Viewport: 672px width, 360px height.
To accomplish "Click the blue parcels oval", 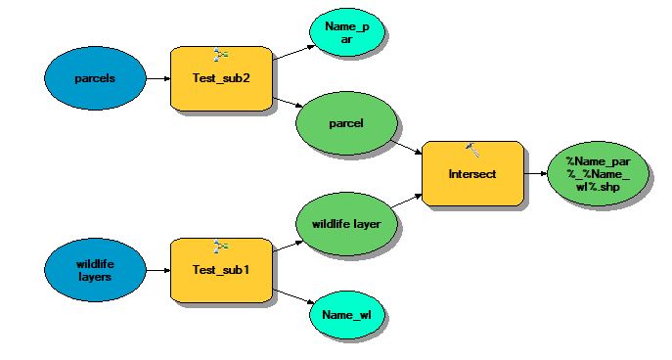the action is [95, 78].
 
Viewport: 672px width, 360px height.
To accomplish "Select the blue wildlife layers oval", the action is [95, 270].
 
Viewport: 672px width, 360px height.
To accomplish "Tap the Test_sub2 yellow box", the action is [221, 78].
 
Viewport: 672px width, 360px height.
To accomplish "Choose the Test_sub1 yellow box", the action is [221, 270].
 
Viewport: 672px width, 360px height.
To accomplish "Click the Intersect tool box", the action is [472, 173].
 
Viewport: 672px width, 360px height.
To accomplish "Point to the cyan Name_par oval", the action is [346, 32].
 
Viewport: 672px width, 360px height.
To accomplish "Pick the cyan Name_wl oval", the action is [346, 315].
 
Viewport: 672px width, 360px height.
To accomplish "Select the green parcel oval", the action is [346, 123].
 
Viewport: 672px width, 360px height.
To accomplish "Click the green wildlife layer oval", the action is [346, 224].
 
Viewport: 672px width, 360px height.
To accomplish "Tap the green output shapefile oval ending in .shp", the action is [599, 173].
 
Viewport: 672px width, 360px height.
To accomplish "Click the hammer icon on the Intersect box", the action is [472, 150].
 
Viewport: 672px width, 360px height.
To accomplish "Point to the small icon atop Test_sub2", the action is [221, 55].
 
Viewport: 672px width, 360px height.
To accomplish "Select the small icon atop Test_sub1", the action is [221, 247].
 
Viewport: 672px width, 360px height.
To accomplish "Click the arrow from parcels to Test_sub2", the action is [158, 78].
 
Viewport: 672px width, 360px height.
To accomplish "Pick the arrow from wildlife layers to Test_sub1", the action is [158, 270].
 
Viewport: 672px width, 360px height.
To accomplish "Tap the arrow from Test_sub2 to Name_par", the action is [294, 52].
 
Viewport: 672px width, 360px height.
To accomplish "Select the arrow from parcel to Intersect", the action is [407, 148].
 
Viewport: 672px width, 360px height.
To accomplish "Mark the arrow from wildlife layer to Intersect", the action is [407, 201].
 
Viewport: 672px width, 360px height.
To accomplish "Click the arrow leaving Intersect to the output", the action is [536, 173].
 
